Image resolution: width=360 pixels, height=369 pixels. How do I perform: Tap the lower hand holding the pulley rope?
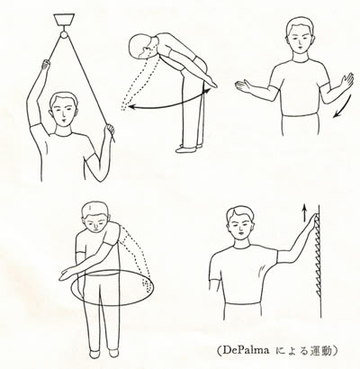[x=112, y=133]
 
